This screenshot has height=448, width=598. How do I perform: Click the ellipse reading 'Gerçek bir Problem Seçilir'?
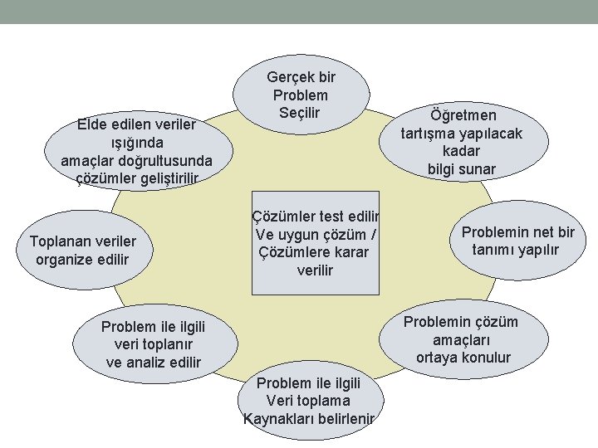click(301, 94)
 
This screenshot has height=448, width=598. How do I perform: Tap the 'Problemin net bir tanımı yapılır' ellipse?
click(517, 241)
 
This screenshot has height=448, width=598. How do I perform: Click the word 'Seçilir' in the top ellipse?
click(300, 112)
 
